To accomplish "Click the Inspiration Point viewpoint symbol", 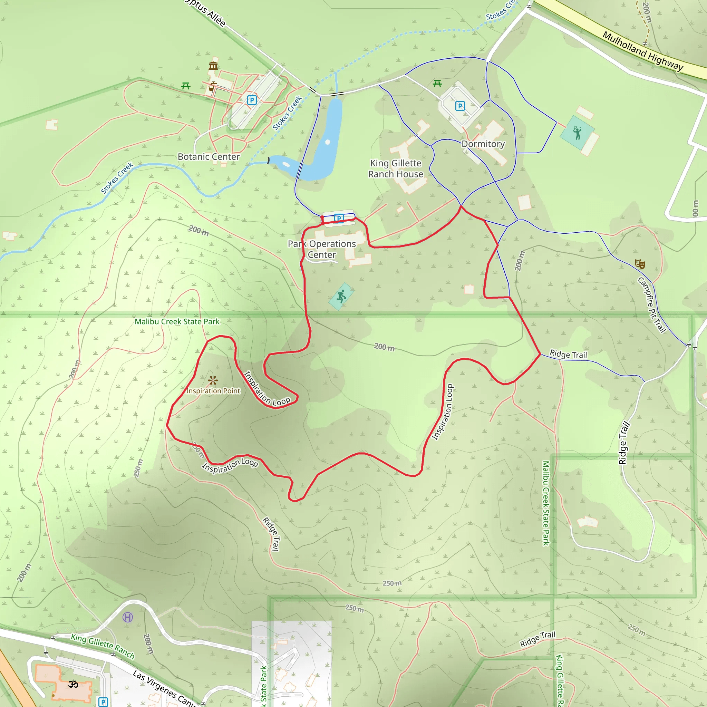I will [213, 380].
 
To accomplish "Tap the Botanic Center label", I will [209, 157].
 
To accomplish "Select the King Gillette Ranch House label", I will [396, 169].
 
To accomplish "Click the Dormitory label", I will [483, 144].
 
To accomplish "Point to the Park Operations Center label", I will [322, 249].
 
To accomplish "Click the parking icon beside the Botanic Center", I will [252, 100].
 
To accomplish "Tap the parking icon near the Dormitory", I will [460, 106].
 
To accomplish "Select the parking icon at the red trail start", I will [339, 219].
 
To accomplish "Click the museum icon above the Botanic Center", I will [213, 66].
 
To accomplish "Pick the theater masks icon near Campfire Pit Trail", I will [640, 263].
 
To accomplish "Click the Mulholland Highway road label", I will [642, 51].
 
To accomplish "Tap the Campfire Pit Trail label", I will [652, 305].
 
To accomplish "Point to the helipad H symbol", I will [127, 617].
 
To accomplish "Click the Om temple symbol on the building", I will [73, 684].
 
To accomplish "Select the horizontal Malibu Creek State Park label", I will [177, 322].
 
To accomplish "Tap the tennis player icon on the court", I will [577, 133].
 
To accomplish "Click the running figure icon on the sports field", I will [341, 297].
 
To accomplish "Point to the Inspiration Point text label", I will [213, 391].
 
